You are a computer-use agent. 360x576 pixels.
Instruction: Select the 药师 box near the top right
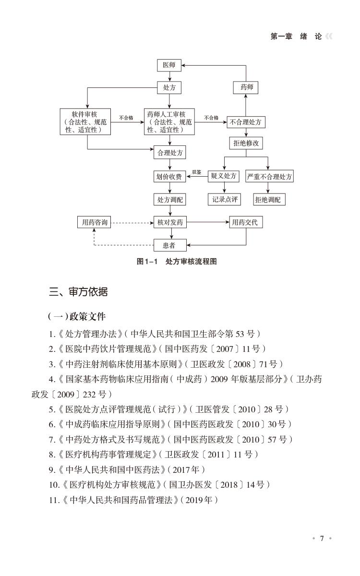[246, 88]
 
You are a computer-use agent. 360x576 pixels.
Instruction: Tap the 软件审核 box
[87, 122]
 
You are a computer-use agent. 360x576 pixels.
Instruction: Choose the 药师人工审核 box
[169, 122]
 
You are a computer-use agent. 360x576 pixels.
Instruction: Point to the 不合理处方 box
[246, 122]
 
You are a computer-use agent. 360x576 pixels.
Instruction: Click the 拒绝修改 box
[246, 143]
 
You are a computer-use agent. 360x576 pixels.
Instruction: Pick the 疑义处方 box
[224, 177]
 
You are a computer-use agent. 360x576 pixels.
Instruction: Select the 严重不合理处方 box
[269, 177]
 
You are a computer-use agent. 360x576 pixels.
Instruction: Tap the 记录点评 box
[224, 199]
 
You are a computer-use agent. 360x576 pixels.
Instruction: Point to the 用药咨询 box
[94, 223]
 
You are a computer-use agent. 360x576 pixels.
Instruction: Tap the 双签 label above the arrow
[197, 172]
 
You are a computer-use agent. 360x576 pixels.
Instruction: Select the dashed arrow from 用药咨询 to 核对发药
[132, 223]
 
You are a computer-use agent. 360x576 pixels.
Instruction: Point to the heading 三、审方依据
[79, 292]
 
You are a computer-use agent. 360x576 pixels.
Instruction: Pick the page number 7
[322, 538]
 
